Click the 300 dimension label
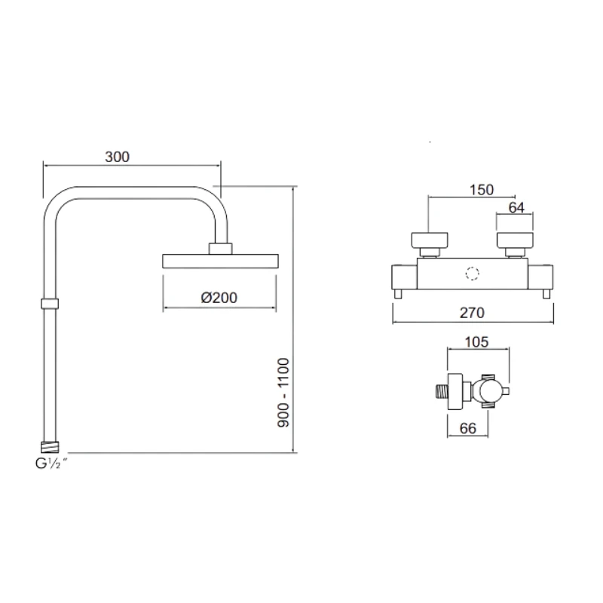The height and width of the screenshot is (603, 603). click(118, 157)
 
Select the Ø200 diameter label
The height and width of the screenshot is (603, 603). click(219, 297)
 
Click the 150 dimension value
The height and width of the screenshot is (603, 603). click(481, 190)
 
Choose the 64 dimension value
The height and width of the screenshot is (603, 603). click(516, 208)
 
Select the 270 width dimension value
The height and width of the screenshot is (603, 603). click(473, 312)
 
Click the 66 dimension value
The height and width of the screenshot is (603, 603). click(467, 428)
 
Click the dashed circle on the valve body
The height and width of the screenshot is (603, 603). click(473, 275)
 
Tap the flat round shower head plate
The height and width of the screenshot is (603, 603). click(219, 262)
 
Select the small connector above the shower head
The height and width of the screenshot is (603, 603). click(219, 249)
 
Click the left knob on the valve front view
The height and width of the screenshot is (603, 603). click(429, 241)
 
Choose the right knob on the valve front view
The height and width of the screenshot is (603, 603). click(516, 241)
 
